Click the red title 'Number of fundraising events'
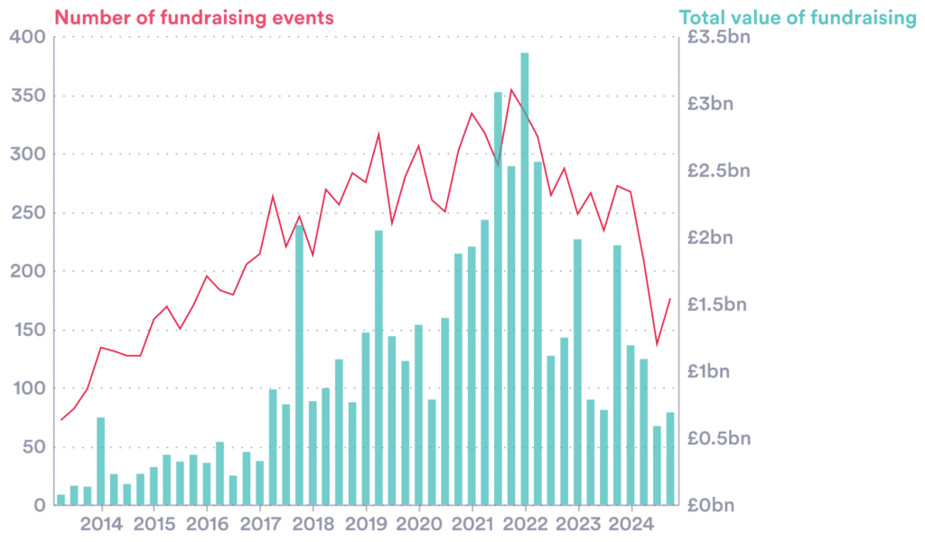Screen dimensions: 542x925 (194, 16)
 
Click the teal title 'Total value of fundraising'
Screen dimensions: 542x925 (797, 16)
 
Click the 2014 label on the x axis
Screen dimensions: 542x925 (101, 524)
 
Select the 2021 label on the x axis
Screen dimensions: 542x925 (472, 524)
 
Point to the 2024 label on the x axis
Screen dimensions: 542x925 (631, 524)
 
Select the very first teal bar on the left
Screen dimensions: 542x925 (61, 500)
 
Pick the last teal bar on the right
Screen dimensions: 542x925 (670, 459)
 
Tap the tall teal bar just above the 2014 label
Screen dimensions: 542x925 (100, 461)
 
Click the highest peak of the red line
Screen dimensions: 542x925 (511, 89)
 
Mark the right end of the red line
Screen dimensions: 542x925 (670, 298)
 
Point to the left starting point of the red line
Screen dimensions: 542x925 (61, 420)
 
